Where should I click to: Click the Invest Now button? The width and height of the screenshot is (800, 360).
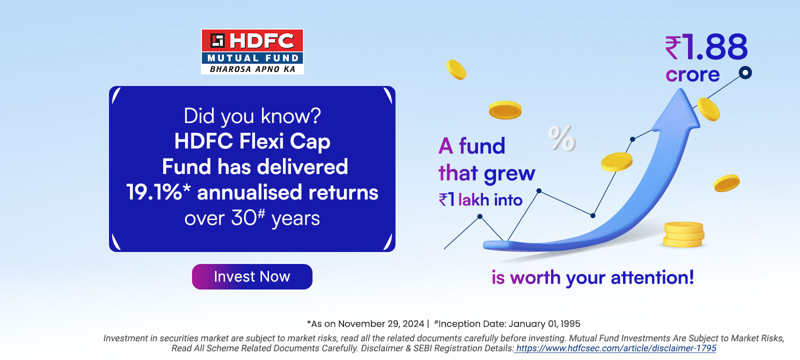pos(252,277)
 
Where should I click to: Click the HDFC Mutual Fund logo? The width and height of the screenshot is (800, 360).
pos(252,52)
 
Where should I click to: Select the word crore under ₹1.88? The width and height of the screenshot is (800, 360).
pos(692,74)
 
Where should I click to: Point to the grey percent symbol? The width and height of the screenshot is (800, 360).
pos(562,138)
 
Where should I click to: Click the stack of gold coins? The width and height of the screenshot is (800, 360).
pos(683,234)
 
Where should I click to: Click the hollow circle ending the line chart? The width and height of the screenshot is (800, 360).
pos(745,73)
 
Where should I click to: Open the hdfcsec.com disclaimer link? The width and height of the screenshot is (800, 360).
pos(615,348)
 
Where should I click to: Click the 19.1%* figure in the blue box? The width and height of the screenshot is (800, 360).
pos(158,192)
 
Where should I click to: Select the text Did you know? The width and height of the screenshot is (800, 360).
pos(252,116)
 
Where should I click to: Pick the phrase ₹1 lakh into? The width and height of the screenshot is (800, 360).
pos(480,199)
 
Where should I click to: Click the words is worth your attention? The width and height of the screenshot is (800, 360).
pos(593,277)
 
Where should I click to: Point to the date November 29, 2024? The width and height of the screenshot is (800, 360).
pos(381,324)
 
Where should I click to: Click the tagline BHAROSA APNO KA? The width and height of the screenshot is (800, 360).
pos(252,69)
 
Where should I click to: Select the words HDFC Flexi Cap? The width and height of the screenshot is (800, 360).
pos(252,141)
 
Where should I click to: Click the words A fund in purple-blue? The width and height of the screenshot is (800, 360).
pos(472,146)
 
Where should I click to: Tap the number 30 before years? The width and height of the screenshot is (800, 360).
pos(243,218)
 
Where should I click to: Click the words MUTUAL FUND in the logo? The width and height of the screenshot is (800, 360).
pos(253,58)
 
